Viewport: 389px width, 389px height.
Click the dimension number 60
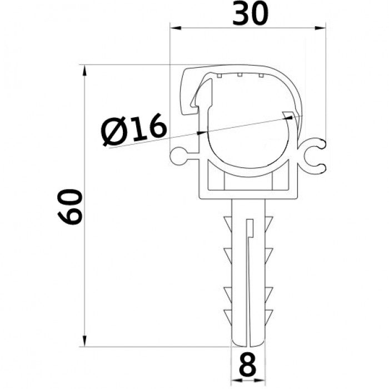pyautogui.click(x=69, y=207)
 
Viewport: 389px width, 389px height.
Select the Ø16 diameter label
pyautogui.click(x=134, y=130)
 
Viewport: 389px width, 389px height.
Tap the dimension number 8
pyautogui.click(x=248, y=365)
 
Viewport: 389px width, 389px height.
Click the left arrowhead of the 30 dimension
pyautogui.click(x=175, y=28)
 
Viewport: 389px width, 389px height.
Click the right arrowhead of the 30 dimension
pyautogui.click(x=320, y=28)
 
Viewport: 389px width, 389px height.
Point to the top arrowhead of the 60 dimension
pyautogui.click(x=84, y=70)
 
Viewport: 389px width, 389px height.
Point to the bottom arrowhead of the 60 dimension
pyautogui.click(x=84, y=341)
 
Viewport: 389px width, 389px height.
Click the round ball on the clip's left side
pyautogui.click(x=178, y=156)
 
